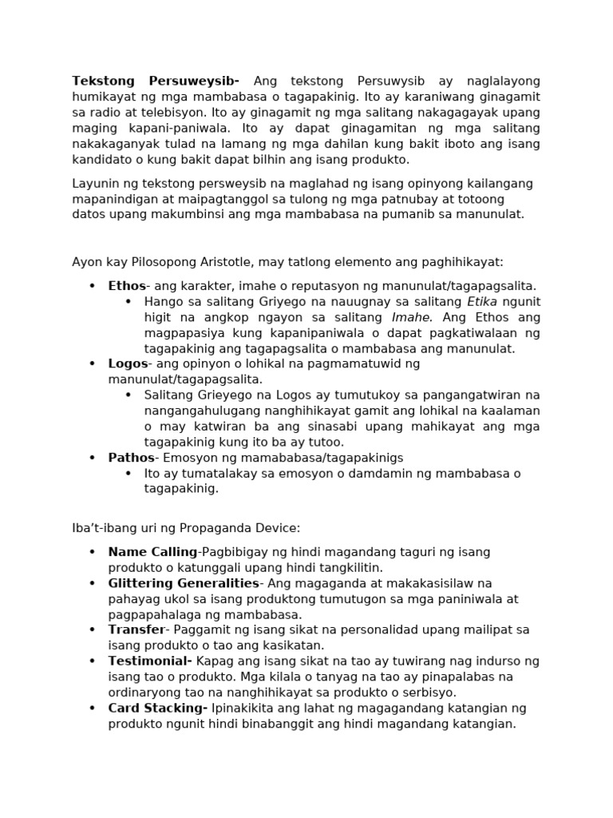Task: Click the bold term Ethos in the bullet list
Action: pos(127,286)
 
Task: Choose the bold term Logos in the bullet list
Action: pos(128,364)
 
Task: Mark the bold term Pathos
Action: pos(131,458)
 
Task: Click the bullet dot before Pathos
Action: pos(92,459)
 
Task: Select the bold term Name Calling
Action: pos(152,552)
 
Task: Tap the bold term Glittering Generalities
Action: pos(183,583)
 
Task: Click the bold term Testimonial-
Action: pos(150,661)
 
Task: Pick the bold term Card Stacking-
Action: pos(158,709)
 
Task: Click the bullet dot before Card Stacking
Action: pos(92,709)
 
